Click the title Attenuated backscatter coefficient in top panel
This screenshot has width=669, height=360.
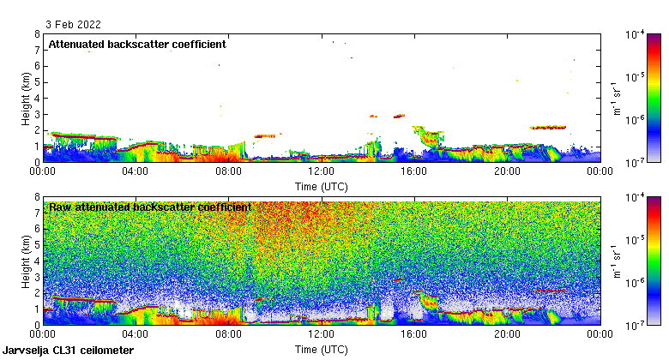coord(137,44)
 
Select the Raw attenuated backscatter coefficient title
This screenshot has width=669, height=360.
coord(150,207)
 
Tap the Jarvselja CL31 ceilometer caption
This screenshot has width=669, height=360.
coord(69,351)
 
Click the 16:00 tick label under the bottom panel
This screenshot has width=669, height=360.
coord(414,334)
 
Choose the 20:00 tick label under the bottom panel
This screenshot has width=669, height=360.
coord(507,334)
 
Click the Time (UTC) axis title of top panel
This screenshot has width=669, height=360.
coord(322,184)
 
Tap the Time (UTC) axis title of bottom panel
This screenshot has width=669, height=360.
coord(322,349)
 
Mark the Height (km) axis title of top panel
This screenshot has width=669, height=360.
coord(27,98)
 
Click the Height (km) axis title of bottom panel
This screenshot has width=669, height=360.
coord(27,261)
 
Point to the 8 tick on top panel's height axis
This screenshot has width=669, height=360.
coord(36,35)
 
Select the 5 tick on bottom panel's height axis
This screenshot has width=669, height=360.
coord(36,245)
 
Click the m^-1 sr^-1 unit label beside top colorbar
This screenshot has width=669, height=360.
coord(615,98)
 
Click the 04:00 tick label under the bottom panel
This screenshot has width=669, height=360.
coord(136,334)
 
